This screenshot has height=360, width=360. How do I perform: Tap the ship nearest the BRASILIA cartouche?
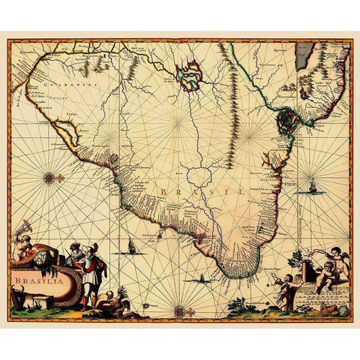point(133,244)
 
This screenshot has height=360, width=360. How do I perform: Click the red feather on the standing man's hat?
point(89,248)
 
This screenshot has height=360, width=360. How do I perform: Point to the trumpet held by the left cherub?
point(25,226)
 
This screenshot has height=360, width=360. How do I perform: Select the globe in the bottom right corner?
point(344,308)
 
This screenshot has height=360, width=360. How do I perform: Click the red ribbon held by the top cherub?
point(315,254)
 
